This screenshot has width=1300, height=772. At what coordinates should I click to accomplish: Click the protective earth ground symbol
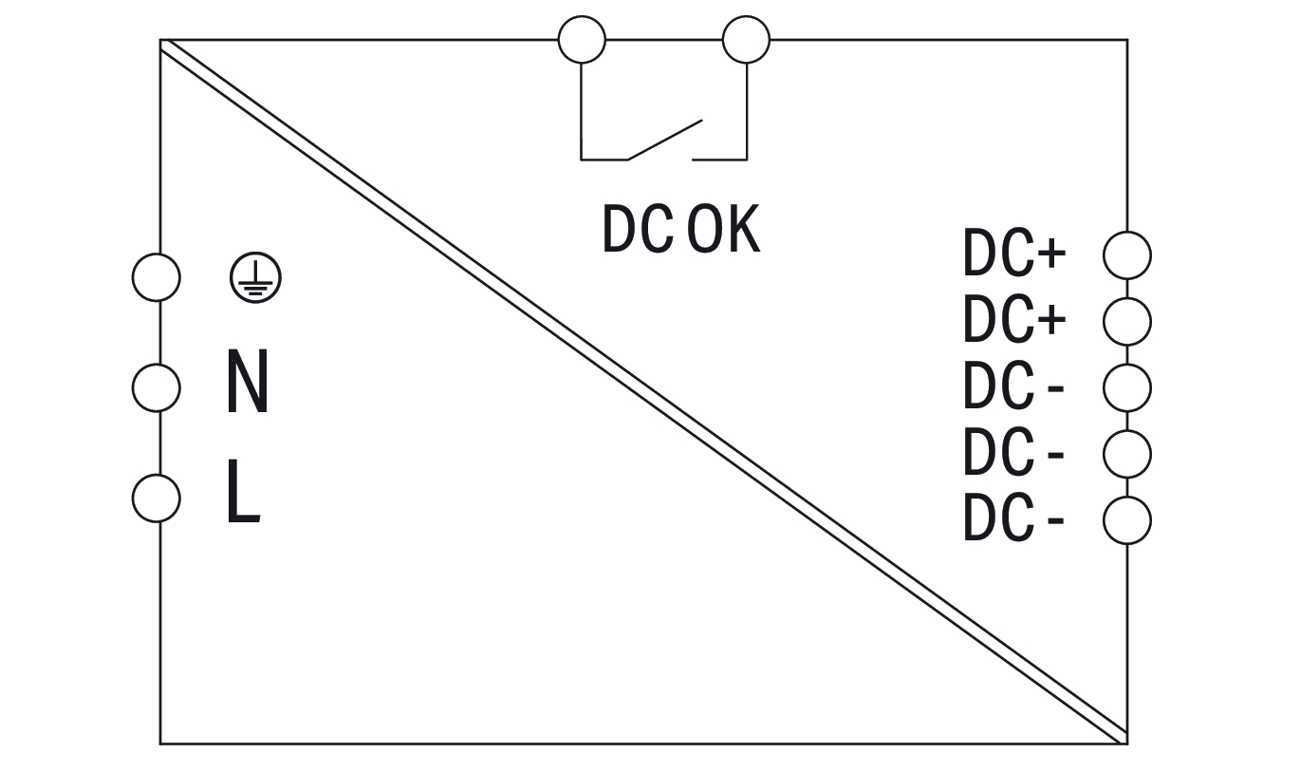coord(255,277)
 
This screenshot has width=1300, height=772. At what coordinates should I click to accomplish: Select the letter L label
coord(242,493)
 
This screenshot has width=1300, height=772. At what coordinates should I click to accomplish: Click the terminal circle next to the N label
coord(156,387)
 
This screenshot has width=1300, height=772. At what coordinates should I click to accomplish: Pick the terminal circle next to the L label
coord(156,498)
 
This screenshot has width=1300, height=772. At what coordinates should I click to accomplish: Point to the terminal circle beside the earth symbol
coord(156,277)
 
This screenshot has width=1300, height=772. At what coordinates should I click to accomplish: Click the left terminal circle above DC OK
coord(582,40)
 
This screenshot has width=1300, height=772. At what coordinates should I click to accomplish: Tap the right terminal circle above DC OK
coord(746,40)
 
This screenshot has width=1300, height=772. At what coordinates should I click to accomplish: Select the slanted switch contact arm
coord(664,139)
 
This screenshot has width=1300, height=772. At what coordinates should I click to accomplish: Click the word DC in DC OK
coord(638,230)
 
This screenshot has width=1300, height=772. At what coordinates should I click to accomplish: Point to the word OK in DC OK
coord(724,230)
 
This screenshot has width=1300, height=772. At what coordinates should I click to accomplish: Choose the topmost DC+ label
coord(1014,254)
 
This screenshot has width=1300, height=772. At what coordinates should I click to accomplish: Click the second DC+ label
coord(1014,321)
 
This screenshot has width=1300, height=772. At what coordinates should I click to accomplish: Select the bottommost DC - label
coord(1012,519)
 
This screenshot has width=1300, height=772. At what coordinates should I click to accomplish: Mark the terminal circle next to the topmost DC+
coord(1127,255)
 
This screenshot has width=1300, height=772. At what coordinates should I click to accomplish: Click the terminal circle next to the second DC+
coord(1127,322)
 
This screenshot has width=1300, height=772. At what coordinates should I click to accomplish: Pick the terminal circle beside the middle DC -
coord(1127,454)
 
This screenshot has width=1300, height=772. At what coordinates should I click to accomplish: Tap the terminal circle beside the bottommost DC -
coord(1127,520)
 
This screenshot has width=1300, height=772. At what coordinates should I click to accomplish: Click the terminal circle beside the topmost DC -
coord(1127,387)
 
